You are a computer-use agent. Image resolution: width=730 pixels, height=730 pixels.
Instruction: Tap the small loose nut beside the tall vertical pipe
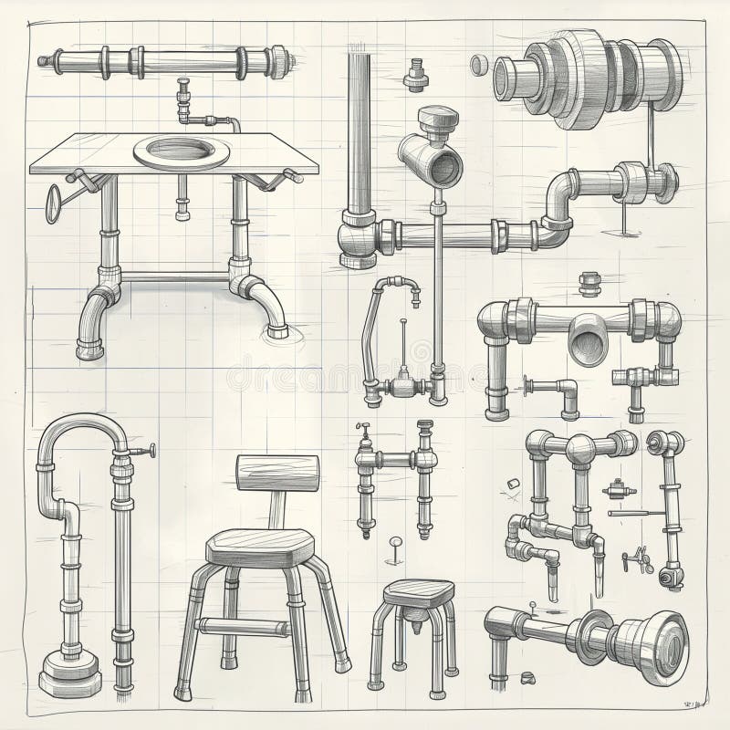tap(416, 76)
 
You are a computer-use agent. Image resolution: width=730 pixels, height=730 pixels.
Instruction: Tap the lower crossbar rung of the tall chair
tap(243, 626)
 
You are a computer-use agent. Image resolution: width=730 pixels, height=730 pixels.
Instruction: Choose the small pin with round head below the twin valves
tap(396, 546)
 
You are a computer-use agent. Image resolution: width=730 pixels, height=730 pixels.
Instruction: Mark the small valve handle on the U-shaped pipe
tap(146, 450)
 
